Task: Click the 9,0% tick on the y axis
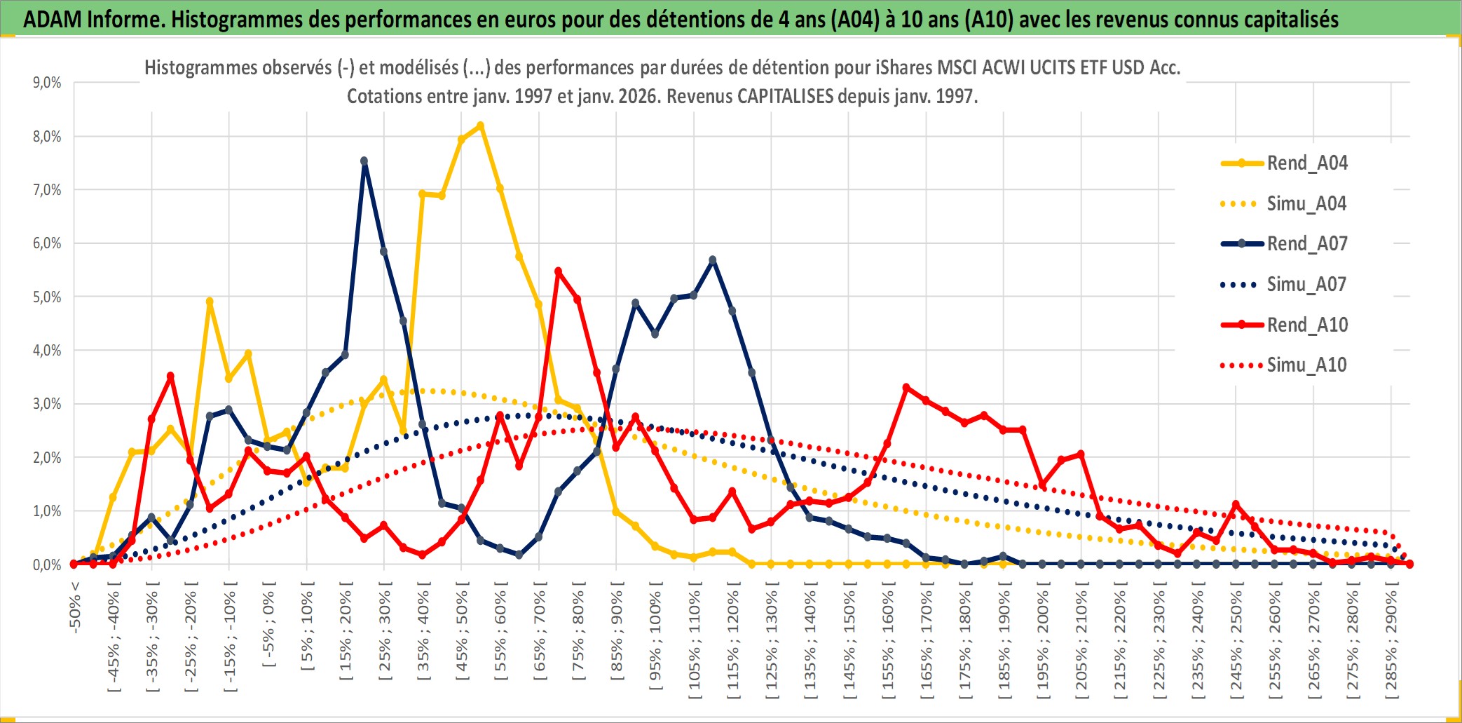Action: click(47, 83)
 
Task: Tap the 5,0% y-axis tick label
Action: click(47, 297)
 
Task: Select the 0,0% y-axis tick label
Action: click(47, 565)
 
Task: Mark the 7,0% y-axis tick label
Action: click(47, 190)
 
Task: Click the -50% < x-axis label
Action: click(75, 607)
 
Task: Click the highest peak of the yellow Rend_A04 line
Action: click(480, 126)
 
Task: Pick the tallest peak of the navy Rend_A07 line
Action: click(364, 161)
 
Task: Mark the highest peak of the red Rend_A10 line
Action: click(558, 271)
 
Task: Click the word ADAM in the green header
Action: click(53, 19)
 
